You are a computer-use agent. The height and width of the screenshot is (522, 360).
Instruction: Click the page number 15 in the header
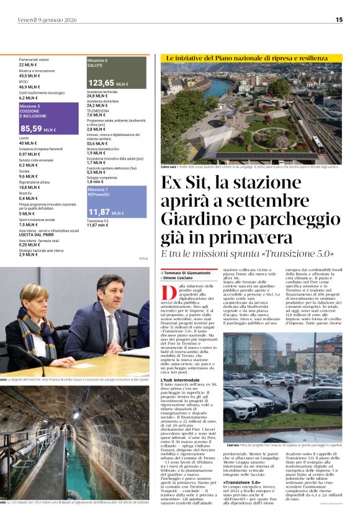339,19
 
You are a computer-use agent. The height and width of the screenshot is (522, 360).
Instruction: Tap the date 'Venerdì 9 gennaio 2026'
45,19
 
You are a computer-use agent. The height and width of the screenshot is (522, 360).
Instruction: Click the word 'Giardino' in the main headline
192,219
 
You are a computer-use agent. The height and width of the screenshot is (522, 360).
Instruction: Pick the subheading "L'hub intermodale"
179,379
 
